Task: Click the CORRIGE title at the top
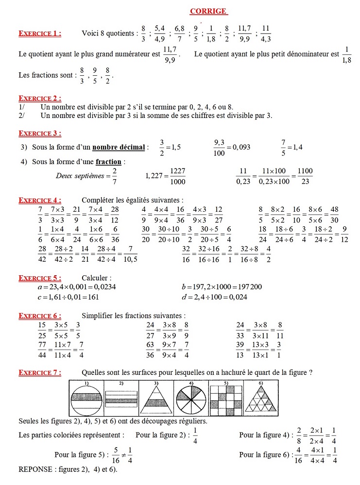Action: click(208, 11)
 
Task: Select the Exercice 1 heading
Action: click(40, 33)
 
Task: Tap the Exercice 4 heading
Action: click(40, 200)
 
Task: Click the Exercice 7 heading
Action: click(40, 372)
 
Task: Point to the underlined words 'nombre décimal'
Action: click(119, 147)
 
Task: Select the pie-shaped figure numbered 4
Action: click(190, 398)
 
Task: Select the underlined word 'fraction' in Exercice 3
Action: click(108, 162)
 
